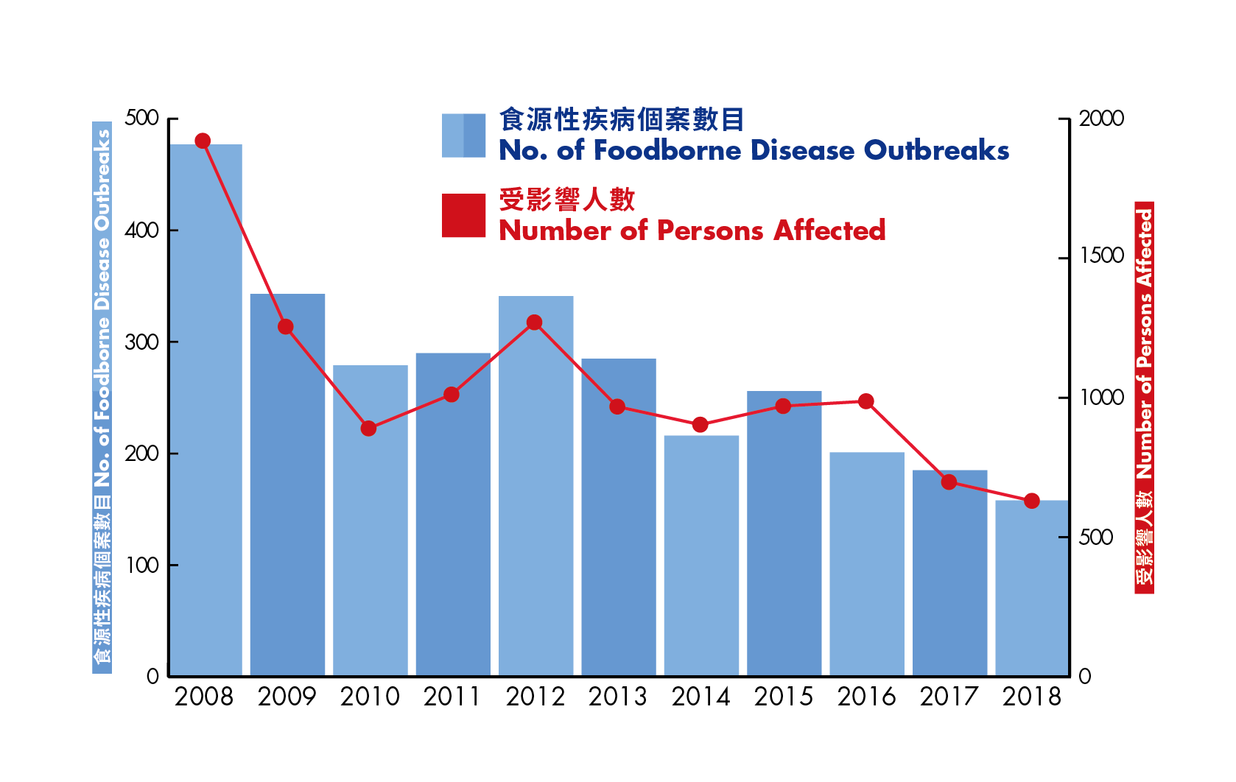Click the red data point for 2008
click(x=203, y=141)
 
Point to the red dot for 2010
click(x=369, y=429)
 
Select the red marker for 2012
click(x=535, y=323)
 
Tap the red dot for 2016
click(x=866, y=401)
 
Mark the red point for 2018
click(x=1032, y=501)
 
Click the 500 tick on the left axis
click(x=141, y=118)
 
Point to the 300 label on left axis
click(x=141, y=342)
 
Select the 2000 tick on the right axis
click(x=1101, y=119)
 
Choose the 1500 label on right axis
click(x=1101, y=256)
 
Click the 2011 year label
click(x=452, y=697)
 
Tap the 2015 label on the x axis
click(x=783, y=697)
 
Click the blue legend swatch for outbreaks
click(x=463, y=135)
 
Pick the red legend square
click(x=463, y=216)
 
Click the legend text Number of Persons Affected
click(x=692, y=230)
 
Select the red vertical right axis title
click(x=1144, y=398)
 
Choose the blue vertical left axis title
click(x=102, y=398)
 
